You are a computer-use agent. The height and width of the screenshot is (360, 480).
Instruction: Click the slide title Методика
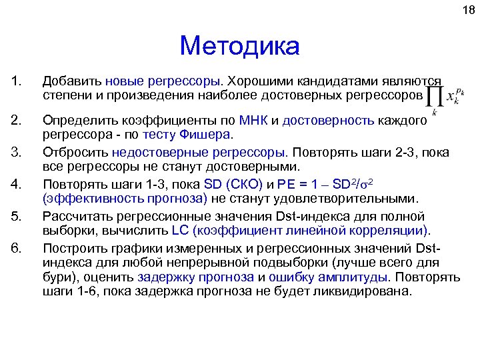(x=239, y=46)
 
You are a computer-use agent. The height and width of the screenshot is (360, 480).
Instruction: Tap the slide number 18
(x=466, y=10)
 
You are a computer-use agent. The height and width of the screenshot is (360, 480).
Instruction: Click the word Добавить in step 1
(x=71, y=81)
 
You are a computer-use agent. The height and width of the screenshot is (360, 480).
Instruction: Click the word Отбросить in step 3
(x=73, y=151)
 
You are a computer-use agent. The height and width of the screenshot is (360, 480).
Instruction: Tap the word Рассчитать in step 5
(x=77, y=216)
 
